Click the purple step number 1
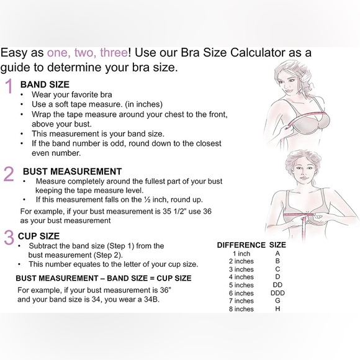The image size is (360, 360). (9, 86)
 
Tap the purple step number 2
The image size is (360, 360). (9, 174)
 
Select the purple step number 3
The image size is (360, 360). (9, 237)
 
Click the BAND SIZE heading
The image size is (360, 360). (45, 84)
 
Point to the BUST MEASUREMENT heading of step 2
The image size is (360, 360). (73, 171)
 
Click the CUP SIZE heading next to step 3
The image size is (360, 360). (39, 236)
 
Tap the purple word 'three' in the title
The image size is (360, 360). (114, 53)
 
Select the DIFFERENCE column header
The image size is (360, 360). (241, 245)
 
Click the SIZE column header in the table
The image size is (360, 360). (277, 245)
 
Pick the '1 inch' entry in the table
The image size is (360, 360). (241, 254)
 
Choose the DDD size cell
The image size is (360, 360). (277, 293)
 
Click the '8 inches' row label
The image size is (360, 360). (241, 309)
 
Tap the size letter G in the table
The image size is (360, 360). (277, 300)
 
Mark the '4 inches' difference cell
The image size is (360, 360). (241, 277)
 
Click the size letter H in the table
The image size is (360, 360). (277, 309)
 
